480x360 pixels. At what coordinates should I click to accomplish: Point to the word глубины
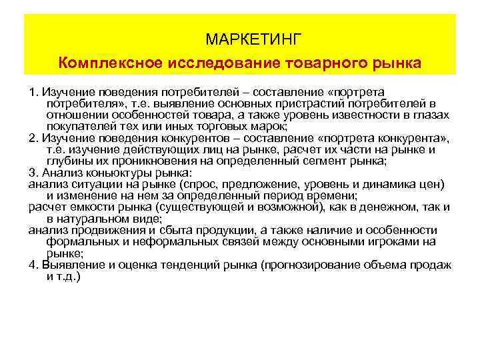[67, 160]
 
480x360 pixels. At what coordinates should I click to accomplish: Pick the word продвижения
[100, 231]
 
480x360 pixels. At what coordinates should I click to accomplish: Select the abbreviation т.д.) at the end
[67, 275]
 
